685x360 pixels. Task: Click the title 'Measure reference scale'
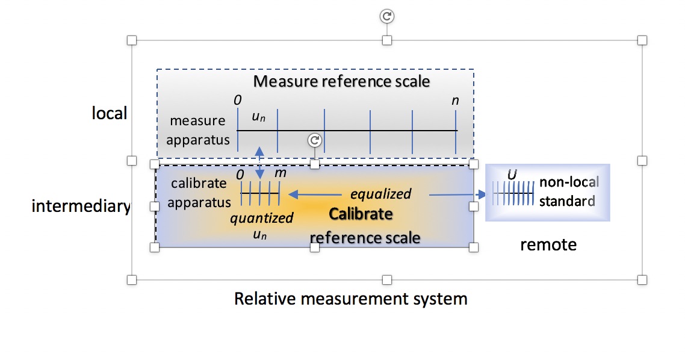pyautogui.click(x=341, y=81)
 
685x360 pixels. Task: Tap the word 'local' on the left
pyautogui.click(x=109, y=113)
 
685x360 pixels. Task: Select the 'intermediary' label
pyautogui.click(x=81, y=206)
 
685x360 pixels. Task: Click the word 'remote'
pyautogui.click(x=548, y=244)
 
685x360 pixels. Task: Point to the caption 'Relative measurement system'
pyautogui.click(x=350, y=298)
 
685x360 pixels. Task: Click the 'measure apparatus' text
pyautogui.click(x=197, y=130)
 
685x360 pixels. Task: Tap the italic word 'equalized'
pyautogui.click(x=380, y=194)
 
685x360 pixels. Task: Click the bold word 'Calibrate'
pyautogui.click(x=361, y=214)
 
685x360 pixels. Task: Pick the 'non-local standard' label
pyautogui.click(x=568, y=191)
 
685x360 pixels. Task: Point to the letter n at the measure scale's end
pyautogui.click(x=455, y=100)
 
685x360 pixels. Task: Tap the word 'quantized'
pyautogui.click(x=261, y=218)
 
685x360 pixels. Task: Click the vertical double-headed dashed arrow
pyautogui.click(x=260, y=162)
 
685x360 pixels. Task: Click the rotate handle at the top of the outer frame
pyautogui.click(x=387, y=16)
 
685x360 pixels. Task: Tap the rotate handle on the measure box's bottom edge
pyautogui.click(x=314, y=140)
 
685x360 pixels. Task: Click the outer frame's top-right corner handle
pyautogui.click(x=642, y=40)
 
